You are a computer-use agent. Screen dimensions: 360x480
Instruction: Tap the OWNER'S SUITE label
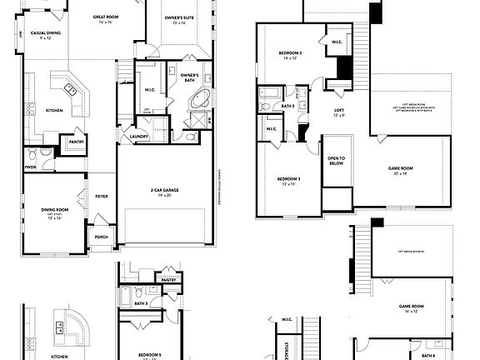[x=180, y=17]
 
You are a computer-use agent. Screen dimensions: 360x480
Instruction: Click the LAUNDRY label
[x=137, y=137]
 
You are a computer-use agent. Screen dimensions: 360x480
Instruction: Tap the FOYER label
[x=102, y=197]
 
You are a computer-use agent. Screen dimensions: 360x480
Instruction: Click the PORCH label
[x=101, y=237]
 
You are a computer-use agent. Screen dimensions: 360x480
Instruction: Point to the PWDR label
[x=32, y=166]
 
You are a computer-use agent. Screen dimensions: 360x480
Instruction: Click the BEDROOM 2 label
[x=289, y=54]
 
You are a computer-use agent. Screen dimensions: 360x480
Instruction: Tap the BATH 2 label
[x=288, y=106]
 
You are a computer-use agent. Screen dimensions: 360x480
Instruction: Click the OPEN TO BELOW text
[x=337, y=162]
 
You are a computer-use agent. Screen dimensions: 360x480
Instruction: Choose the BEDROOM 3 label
[x=289, y=179]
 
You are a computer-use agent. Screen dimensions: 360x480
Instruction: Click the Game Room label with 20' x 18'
[x=401, y=168]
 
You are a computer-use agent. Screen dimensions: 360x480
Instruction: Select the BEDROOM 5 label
[x=151, y=354]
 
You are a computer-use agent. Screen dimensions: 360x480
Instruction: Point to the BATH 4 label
[x=427, y=355]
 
